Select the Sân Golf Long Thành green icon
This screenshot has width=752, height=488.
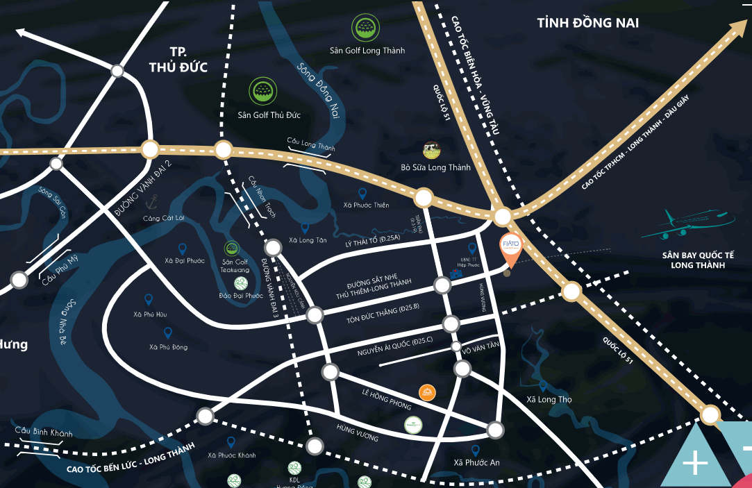(x=366, y=28)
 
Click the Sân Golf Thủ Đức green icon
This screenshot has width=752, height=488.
(x=263, y=91)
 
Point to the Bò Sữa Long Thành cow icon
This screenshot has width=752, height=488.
(x=432, y=150)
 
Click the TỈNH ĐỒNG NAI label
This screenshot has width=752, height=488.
(x=587, y=24)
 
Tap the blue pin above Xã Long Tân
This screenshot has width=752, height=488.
(x=304, y=227)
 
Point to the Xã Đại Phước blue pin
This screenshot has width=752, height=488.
(x=183, y=248)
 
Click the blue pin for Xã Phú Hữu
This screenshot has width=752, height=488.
(x=149, y=299)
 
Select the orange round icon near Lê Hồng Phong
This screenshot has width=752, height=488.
(x=426, y=393)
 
